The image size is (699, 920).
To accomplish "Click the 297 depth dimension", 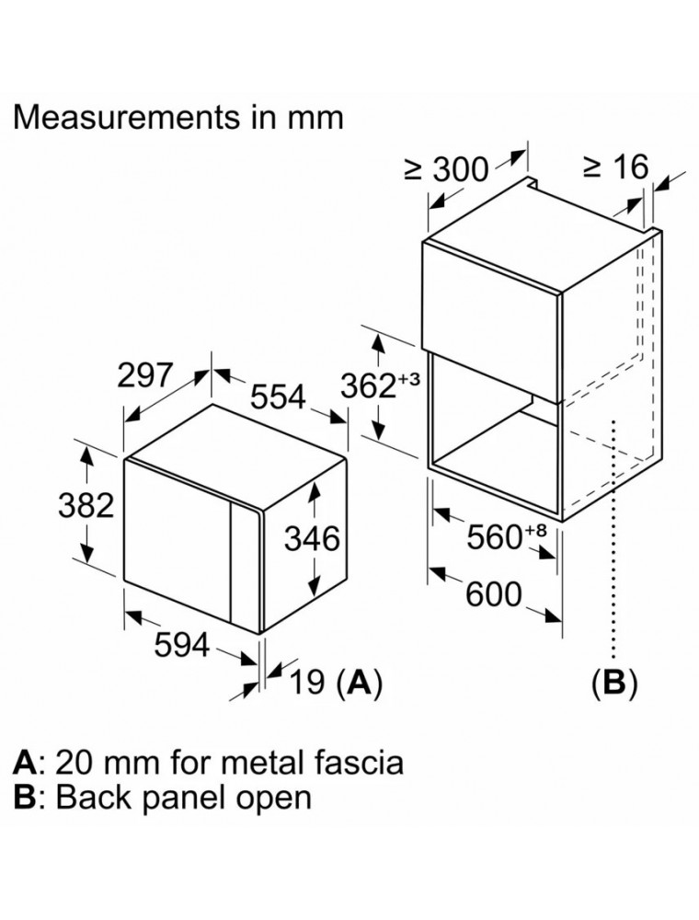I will pyautogui.click(x=144, y=375).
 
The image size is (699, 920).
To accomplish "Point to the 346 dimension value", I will pyautogui.click(x=313, y=537).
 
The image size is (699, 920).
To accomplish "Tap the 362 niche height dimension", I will pyautogui.click(x=367, y=385).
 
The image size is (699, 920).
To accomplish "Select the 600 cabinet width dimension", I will pyautogui.click(x=493, y=594).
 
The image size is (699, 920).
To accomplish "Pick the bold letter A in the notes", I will pyautogui.click(x=26, y=762).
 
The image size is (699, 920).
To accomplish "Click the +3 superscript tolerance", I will pyautogui.click(x=408, y=379).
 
